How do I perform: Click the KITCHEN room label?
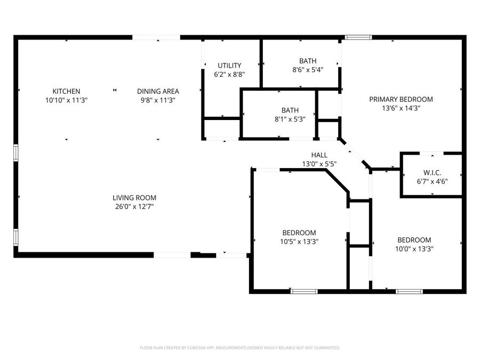66,91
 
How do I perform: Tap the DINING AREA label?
158,91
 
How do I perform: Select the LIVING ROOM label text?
134,198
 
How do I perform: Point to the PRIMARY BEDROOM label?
401,99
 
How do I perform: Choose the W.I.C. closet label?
432,172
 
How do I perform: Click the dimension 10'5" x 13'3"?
299,241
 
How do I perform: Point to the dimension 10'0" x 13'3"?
413,248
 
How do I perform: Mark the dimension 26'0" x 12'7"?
134,206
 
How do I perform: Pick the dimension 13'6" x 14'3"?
401,108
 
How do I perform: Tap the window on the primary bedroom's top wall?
358,37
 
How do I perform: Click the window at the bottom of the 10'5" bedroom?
304,291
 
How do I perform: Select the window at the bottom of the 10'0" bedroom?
410,291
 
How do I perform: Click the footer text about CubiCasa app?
240,348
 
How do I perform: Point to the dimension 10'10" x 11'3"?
66,100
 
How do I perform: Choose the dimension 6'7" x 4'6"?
432,181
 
